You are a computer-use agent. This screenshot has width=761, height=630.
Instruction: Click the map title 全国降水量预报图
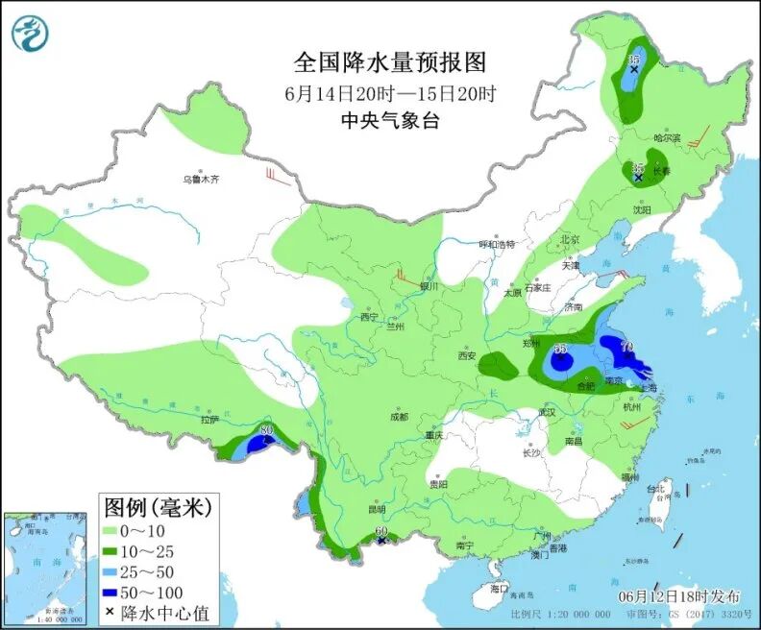(390, 63)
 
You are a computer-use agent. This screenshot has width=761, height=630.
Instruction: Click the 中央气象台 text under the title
(390, 120)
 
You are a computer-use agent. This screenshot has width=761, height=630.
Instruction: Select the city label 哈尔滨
(666, 138)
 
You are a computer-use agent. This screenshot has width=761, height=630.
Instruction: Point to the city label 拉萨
(209, 420)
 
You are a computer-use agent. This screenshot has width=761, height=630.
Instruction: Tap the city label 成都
(399, 417)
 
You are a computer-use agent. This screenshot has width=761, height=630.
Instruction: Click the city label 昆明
(376, 509)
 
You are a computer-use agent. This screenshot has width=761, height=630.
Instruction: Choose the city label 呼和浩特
(498, 244)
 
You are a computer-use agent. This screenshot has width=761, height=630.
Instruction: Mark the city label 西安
(467, 355)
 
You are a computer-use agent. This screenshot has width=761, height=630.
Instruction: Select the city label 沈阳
(641, 208)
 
